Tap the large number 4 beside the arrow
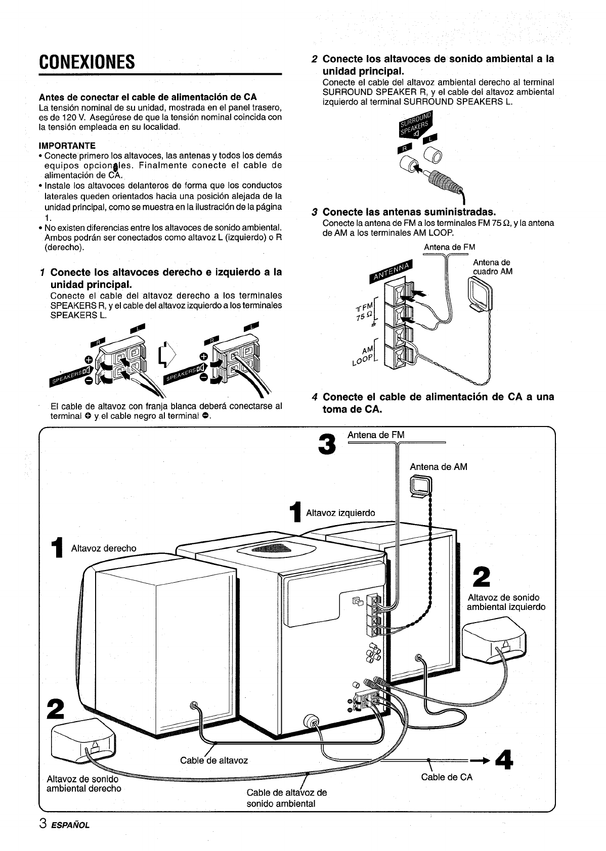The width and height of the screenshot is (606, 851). click(503, 759)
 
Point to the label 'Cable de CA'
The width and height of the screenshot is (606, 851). click(447, 777)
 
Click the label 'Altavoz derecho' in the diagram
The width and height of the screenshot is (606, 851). click(104, 548)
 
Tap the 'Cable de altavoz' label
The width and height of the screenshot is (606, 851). click(214, 760)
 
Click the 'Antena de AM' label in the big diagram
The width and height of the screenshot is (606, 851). click(439, 467)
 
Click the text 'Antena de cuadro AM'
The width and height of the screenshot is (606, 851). click(492, 267)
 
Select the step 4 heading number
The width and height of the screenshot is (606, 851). click(315, 397)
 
